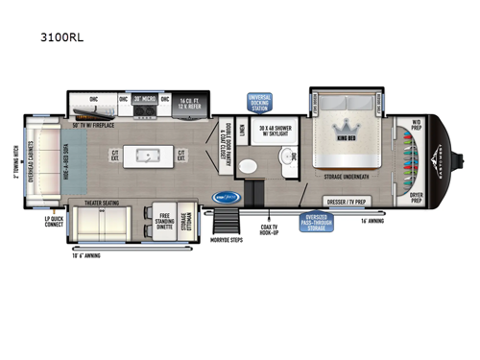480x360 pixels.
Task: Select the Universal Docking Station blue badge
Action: (x=259, y=102)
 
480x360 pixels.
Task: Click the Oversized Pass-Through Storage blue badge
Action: (x=326, y=222)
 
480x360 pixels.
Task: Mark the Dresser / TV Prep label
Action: (x=350, y=203)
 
